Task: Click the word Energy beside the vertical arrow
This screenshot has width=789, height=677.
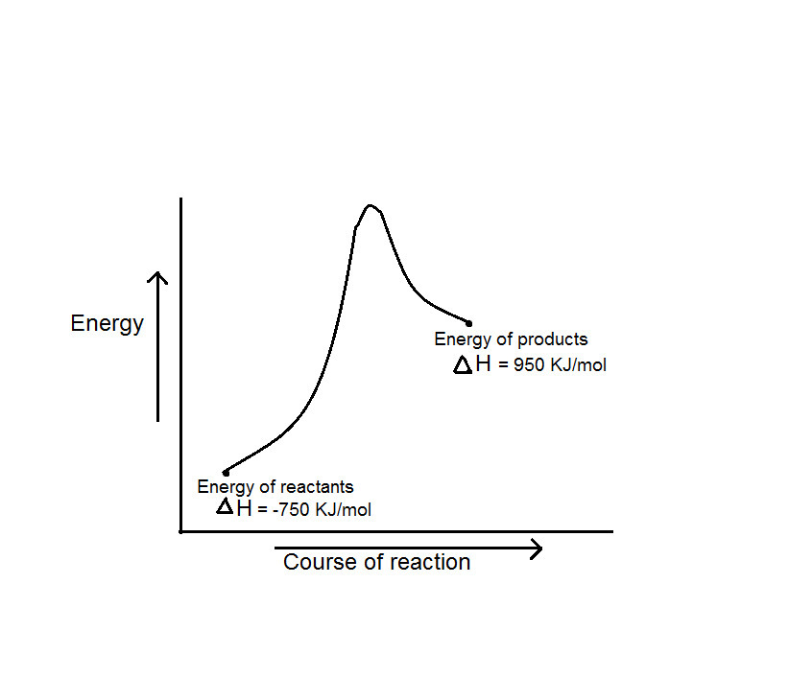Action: (x=107, y=324)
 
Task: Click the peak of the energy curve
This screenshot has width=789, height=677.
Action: (x=371, y=205)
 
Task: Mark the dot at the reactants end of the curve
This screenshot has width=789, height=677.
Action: (x=226, y=473)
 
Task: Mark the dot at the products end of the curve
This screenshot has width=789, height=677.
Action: (x=468, y=322)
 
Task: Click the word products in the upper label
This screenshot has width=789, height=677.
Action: (x=553, y=338)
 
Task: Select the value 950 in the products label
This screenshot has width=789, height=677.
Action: (x=530, y=365)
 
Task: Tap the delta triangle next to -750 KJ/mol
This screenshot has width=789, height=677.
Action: (x=225, y=506)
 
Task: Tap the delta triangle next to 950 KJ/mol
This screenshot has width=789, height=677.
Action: (x=463, y=364)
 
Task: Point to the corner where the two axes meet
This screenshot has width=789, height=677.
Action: (x=180, y=530)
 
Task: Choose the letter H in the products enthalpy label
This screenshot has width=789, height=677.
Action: (x=483, y=364)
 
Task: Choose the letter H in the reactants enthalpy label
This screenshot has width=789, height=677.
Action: (x=245, y=507)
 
